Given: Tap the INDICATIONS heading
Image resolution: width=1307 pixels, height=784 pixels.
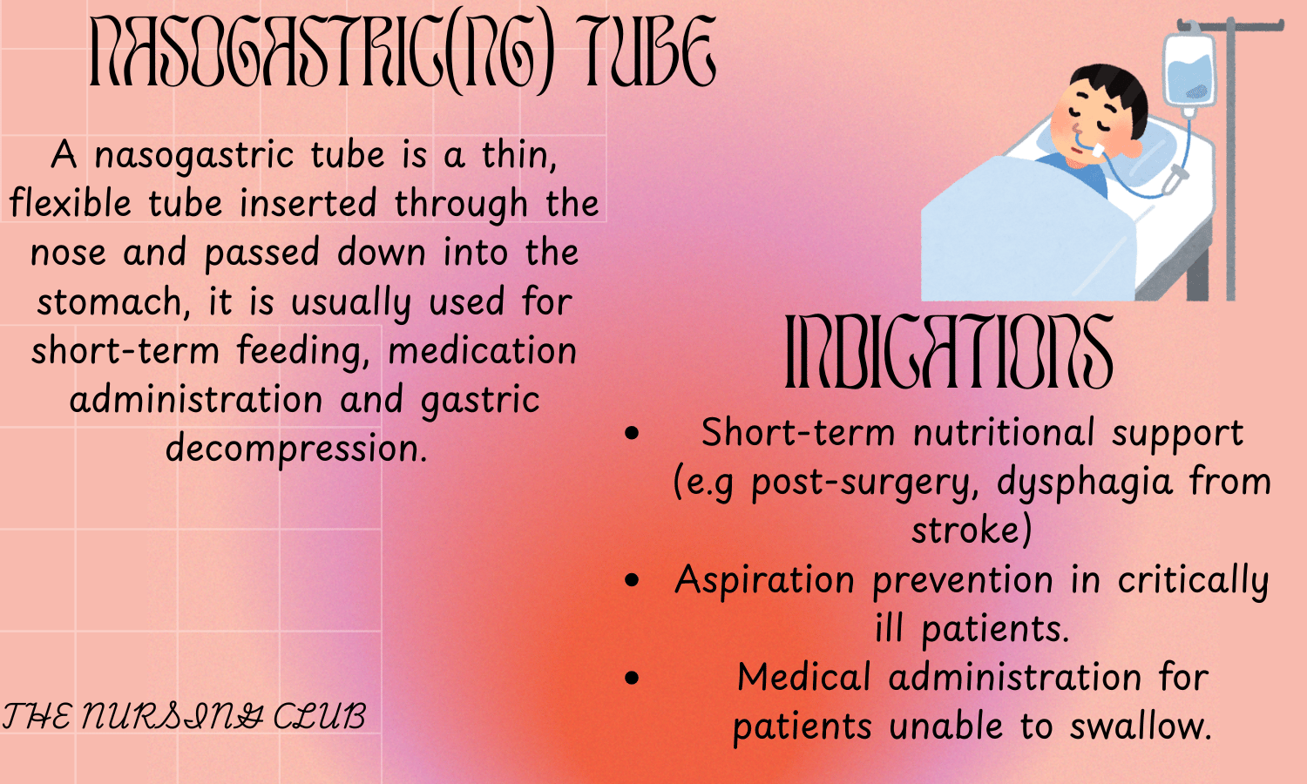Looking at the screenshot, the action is tap(950, 351).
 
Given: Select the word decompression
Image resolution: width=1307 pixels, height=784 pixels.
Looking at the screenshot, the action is tap(296, 449).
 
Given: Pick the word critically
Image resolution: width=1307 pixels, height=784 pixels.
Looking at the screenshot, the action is tap(1193, 581).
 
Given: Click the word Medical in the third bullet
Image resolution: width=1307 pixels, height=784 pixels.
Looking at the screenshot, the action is tap(804, 677).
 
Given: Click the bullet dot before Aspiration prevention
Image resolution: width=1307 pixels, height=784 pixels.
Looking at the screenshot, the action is tap(632, 580).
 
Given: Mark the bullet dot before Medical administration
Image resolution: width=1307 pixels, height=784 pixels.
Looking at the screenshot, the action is tap(632, 678).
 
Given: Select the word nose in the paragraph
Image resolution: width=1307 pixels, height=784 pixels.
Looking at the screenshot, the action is tap(68, 253).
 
